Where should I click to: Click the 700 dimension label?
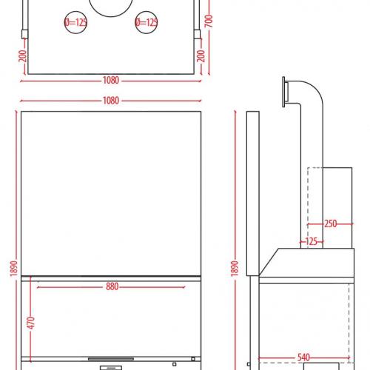[x=209, y=21]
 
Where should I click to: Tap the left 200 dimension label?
[x=23, y=56]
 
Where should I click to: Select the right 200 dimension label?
[x=201, y=55]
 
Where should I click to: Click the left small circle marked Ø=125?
[x=75, y=22]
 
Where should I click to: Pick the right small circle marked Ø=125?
[x=147, y=22]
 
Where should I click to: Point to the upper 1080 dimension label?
[x=111, y=81]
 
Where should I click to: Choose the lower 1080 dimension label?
[x=111, y=101]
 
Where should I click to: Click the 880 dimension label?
[x=112, y=286]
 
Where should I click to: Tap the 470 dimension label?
[x=31, y=323]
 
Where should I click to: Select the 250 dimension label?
[x=331, y=223]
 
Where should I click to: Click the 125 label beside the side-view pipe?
[x=312, y=241]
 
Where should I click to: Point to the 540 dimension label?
[x=303, y=357]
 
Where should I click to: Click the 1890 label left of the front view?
[x=14, y=269]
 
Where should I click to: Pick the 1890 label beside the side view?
[x=235, y=269]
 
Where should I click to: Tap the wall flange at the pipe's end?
[x=284, y=92]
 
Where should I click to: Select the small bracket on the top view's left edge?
[x=24, y=34]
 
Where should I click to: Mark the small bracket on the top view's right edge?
[x=197, y=34]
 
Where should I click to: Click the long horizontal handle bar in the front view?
[x=111, y=359]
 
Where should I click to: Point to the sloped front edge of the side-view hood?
[x=269, y=262]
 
